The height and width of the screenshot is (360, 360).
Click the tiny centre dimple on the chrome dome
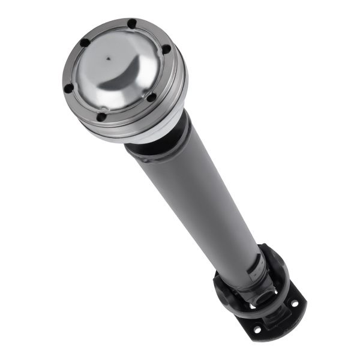tap(108, 59)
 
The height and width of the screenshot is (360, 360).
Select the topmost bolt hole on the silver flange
tap(131, 24)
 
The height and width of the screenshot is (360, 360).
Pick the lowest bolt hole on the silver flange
tap(102, 116)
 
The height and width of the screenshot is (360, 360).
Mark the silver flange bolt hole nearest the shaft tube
tap(152, 97)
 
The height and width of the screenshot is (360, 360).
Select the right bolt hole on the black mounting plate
tap(294, 304)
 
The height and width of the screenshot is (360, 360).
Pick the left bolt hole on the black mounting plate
tap(257, 329)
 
